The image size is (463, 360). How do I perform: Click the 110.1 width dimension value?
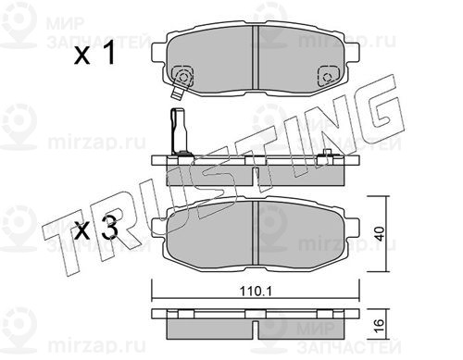256,291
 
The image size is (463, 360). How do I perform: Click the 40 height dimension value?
381,234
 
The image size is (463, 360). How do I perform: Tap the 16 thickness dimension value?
380,325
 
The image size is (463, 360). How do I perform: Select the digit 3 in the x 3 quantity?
109,228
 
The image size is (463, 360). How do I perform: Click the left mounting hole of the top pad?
183,77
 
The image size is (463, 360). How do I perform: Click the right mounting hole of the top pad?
327,77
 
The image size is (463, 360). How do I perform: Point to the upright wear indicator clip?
179,131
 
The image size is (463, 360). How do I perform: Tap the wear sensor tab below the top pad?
177,93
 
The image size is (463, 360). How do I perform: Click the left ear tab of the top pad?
159,52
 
